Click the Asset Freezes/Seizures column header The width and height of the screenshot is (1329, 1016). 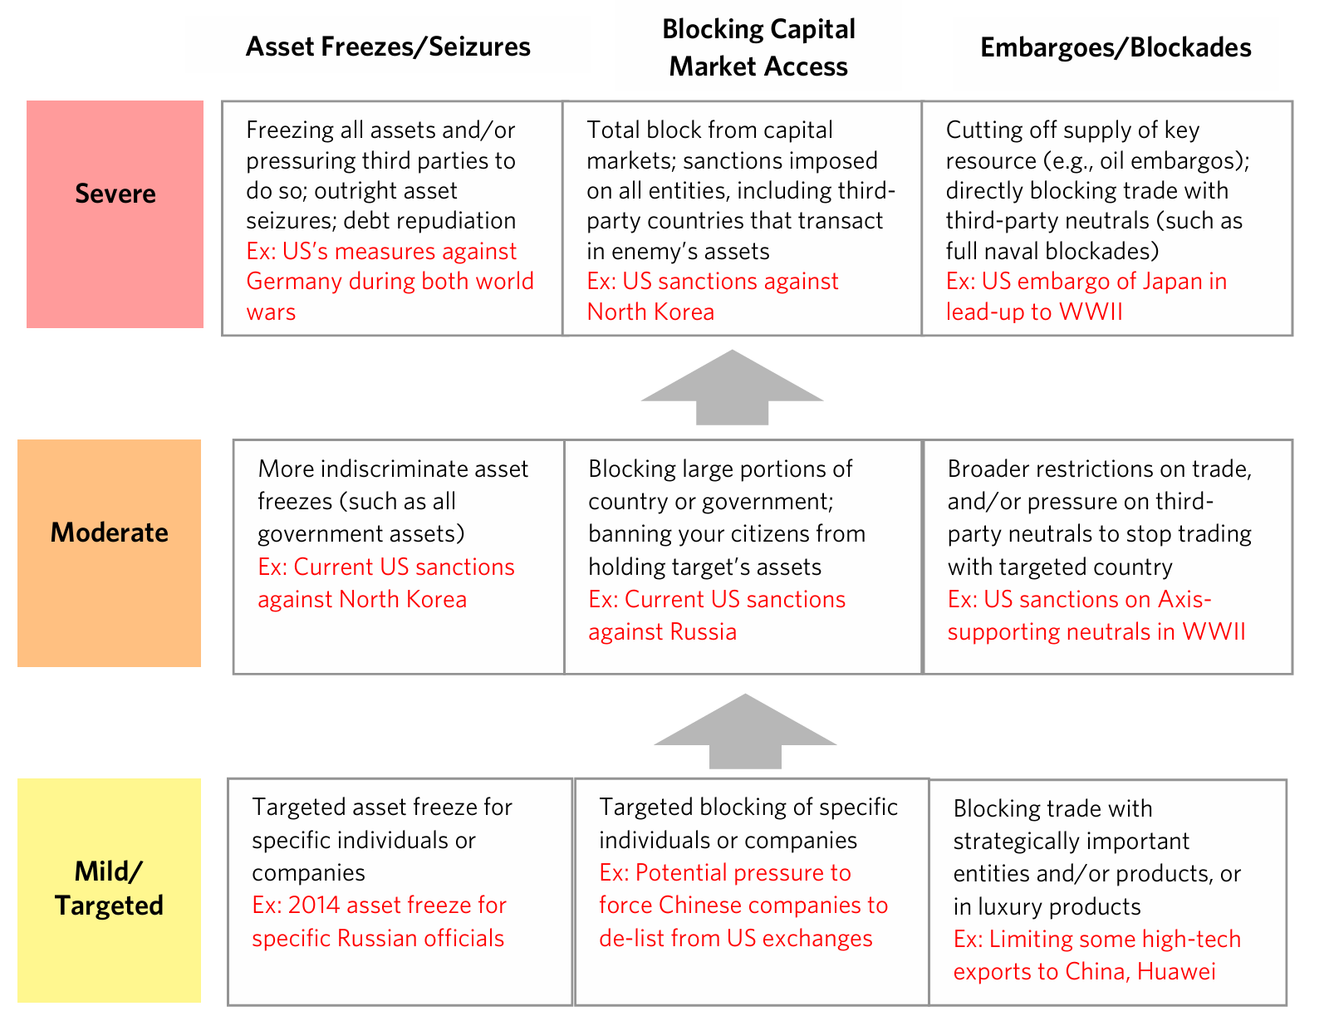tap(388, 47)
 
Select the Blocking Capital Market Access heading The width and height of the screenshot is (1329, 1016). tap(758, 47)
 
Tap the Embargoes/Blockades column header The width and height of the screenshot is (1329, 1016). tap(1116, 47)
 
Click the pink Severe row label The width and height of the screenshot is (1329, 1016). tap(115, 214)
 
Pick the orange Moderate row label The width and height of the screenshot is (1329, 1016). tap(109, 552)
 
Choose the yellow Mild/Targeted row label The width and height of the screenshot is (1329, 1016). tap(109, 890)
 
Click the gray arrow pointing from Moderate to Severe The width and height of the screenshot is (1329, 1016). tap(732, 387)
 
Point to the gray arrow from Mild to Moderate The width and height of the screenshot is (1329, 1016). tap(745, 731)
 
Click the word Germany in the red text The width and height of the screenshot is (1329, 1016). tap(294, 282)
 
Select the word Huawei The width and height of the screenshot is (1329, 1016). tap(1176, 971)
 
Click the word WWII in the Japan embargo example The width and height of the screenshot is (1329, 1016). tap(1091, 312)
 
